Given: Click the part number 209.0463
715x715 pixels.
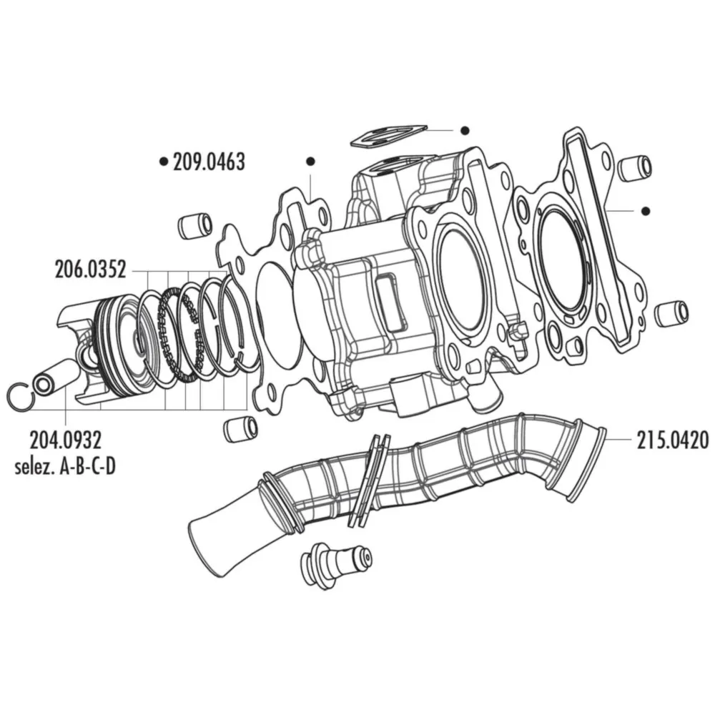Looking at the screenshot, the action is [209, 162].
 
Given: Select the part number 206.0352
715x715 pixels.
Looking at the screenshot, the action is [90, 270].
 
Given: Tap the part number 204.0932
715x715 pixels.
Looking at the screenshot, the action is [66, 440].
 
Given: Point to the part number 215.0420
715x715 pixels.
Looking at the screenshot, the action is [673, 440].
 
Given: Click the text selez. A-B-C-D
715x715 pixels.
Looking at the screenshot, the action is [65, 467].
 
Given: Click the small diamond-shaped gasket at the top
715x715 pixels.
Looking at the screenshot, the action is [388, 135].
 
